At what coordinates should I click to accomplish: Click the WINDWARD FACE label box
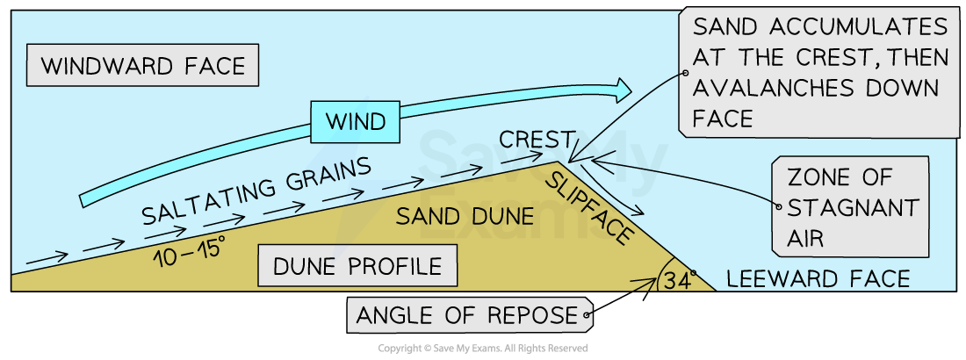(143, 67)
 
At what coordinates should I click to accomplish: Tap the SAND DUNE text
(465, 216)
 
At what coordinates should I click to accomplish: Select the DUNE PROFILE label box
(357, 265)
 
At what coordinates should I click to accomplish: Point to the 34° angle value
(674, 281)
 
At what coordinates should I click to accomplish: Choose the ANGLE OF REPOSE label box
(466, 313)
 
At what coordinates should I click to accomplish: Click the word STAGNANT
(852, 208)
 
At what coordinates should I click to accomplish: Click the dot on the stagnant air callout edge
(777, 208)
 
